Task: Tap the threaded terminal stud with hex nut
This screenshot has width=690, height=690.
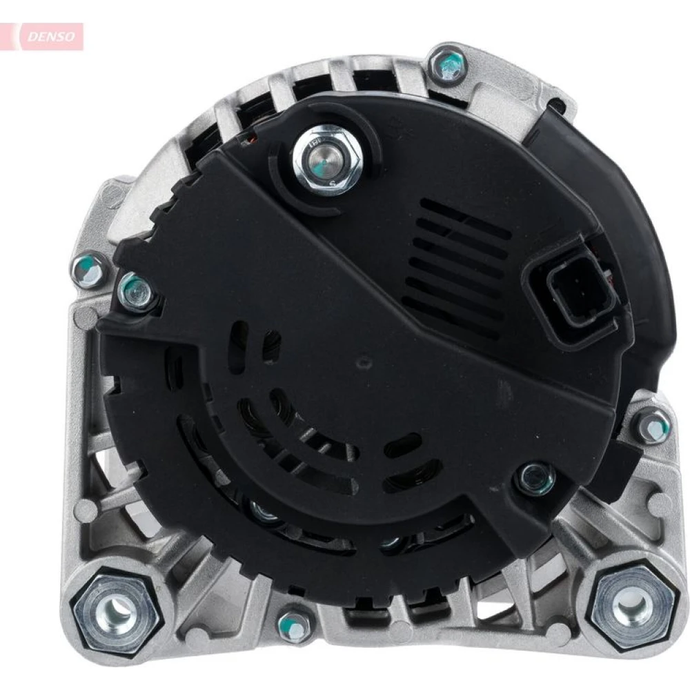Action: coord(327,157)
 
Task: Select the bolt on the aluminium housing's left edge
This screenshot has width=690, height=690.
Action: coord(89,270)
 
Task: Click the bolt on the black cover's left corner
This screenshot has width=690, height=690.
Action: coord(137,291)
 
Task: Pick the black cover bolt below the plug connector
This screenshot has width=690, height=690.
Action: coord(536,479)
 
